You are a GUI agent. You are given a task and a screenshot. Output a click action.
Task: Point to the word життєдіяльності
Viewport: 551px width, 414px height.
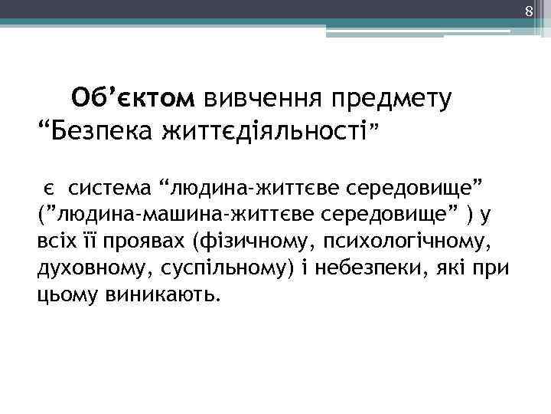tap(262, 131)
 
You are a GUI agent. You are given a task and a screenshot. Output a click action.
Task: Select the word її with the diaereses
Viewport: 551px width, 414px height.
tap(87, 243)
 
